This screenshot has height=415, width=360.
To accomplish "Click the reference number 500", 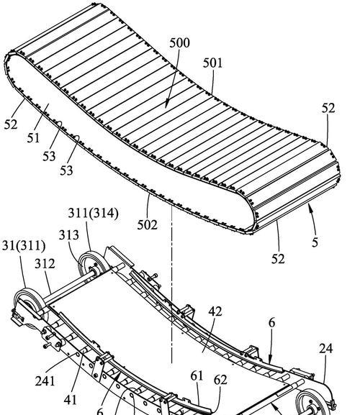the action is (179, 43).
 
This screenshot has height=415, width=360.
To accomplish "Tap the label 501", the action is (212, 63).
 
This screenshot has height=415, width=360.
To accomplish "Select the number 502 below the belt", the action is (148, 225).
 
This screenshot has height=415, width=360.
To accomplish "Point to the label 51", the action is (33, 138).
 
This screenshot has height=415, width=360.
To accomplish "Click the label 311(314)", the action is (93, 214).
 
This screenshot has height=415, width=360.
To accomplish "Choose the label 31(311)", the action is (24, 245).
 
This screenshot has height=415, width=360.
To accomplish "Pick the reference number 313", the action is (69, 234).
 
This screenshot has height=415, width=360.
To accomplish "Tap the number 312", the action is (45, 264).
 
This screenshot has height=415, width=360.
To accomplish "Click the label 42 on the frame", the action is (215, 311).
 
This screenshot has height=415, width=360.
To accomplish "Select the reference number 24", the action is (326, 349).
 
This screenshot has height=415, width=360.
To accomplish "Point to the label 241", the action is (45, 381).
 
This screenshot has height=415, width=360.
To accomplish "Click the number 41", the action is (70, 400).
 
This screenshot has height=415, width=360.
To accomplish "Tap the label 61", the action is (197, 376).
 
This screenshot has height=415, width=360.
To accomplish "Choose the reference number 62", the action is (220, 380).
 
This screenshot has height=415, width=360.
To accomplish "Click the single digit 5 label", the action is (315, 242).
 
